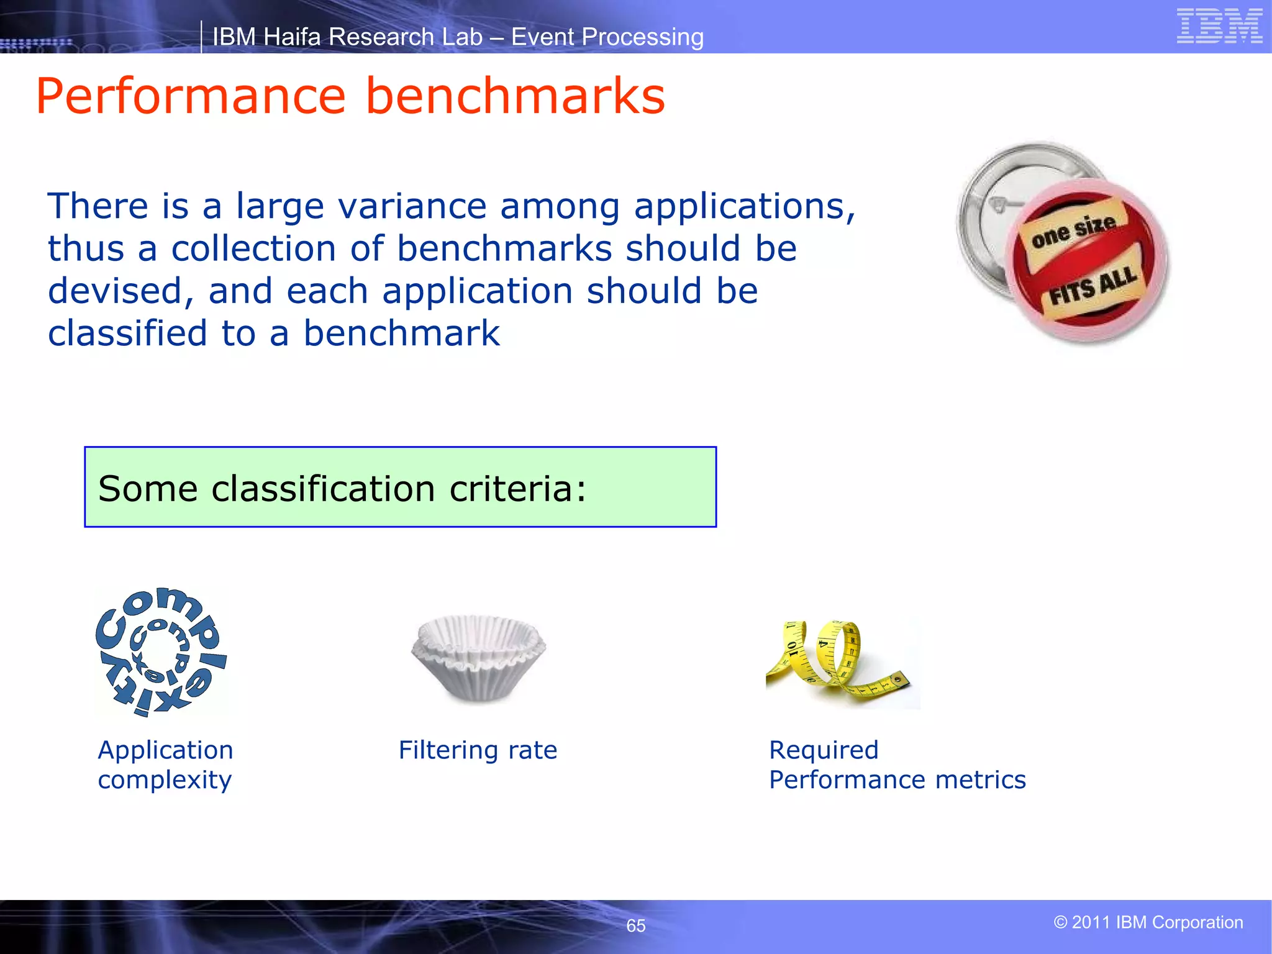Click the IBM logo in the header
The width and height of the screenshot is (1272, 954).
click(1219, 26)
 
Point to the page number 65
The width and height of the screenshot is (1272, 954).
click(635, 925)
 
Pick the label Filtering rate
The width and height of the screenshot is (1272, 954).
click(478, 750)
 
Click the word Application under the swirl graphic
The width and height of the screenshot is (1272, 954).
click(165, 750)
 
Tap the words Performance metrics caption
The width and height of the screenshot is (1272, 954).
click(897, 780)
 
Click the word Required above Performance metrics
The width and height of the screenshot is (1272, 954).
click(823, 750)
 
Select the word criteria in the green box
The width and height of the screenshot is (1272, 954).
click(517, 489)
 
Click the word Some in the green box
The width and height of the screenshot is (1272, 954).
click(148, 489)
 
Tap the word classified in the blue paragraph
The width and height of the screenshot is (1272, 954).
click(127, 334)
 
